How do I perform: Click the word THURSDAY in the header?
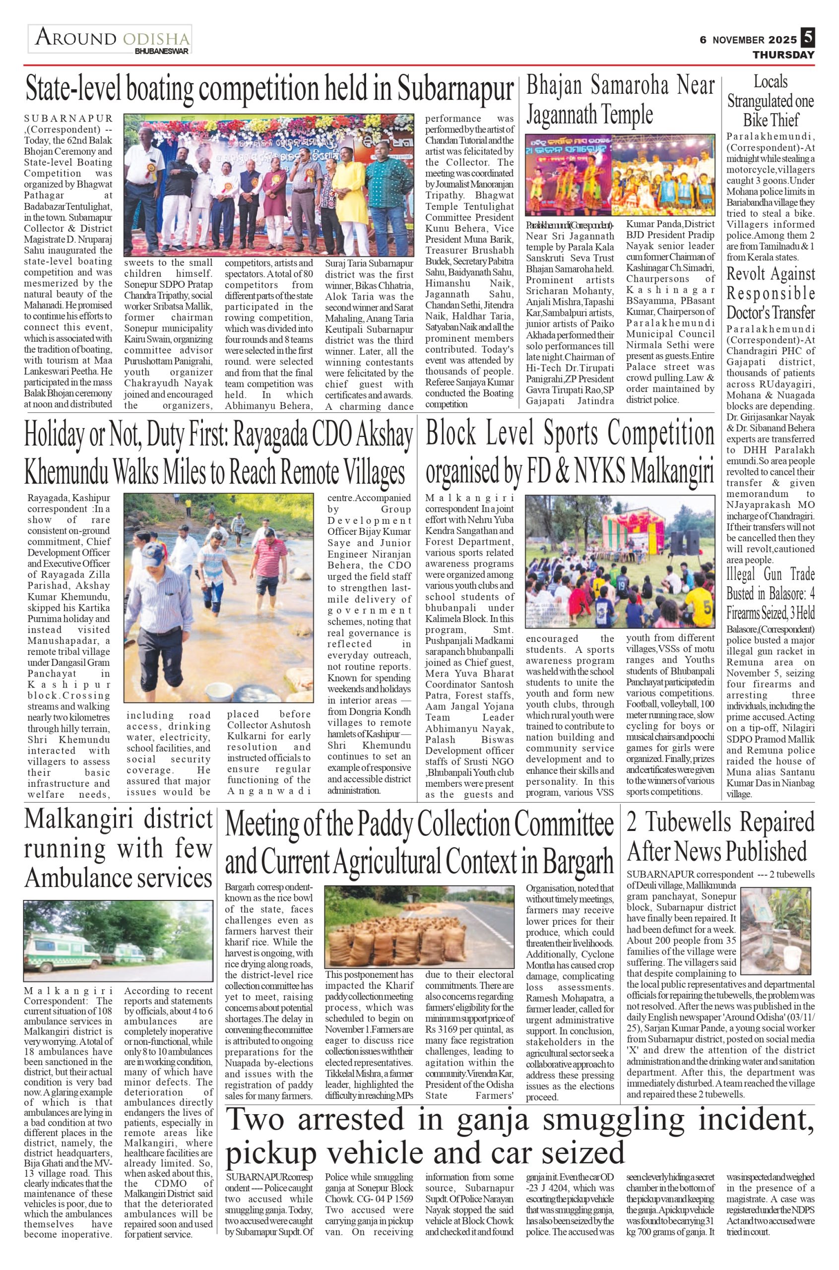pos(783,55)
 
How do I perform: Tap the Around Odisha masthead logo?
pos(111,39)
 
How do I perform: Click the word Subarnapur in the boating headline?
pos(455,89)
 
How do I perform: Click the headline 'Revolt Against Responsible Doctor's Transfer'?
pos(771,293)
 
